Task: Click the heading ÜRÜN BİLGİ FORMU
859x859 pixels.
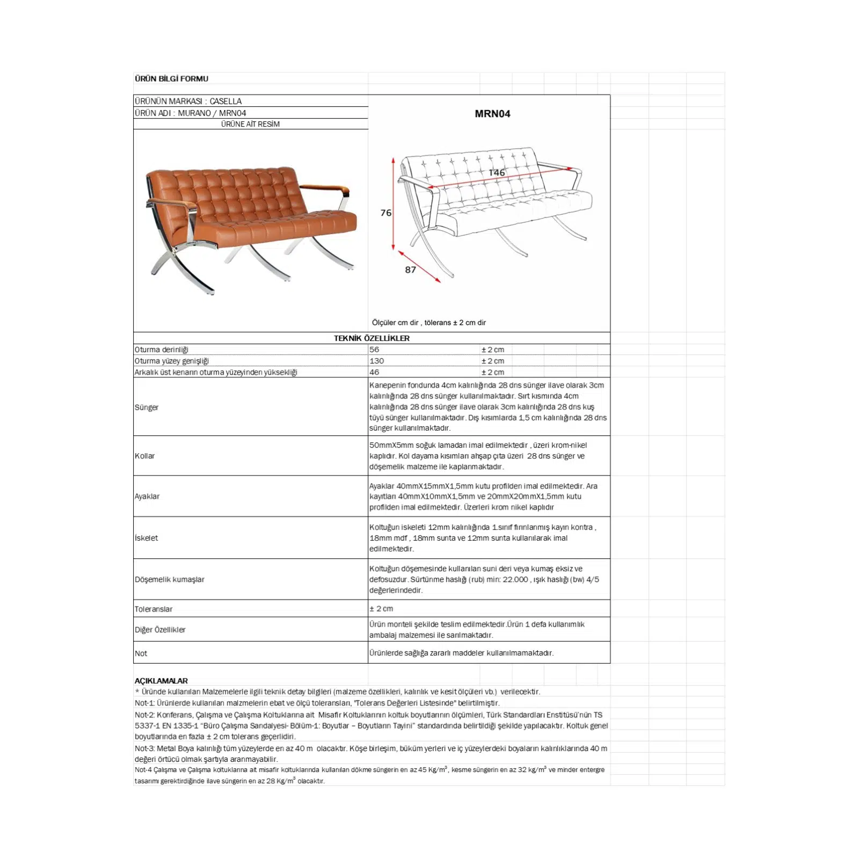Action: tap(171, 78)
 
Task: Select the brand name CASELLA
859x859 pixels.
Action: tap(225, 101)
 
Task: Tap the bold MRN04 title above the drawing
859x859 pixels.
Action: tap(492, 114)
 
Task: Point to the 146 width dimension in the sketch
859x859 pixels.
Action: tap(497, 172)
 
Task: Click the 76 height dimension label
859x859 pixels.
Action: tap(386, 213)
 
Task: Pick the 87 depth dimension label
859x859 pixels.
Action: tap(411, 270)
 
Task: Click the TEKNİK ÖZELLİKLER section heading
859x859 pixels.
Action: tap(372, 338)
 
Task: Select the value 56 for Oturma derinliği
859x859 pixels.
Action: tap(374, 350)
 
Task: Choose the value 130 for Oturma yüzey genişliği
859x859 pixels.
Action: tap(376, 361)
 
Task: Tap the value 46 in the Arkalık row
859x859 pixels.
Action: tap(374, 372)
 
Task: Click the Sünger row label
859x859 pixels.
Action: tap(147, 407)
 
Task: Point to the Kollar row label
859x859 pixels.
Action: tap(144, 456)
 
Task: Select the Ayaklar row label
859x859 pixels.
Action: tap(147, 496)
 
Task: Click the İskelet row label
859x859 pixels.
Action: tap(146, 538)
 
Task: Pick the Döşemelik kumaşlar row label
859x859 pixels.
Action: tap(170, 579)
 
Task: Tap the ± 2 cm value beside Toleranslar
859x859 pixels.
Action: tap(381, 609)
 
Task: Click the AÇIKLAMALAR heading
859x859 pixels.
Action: tap(161, 681)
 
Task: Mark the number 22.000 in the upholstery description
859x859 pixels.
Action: tap(515, 579)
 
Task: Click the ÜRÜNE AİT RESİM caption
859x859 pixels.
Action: tap(250, 124)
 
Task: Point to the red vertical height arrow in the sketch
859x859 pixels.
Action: tap(394, 204)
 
